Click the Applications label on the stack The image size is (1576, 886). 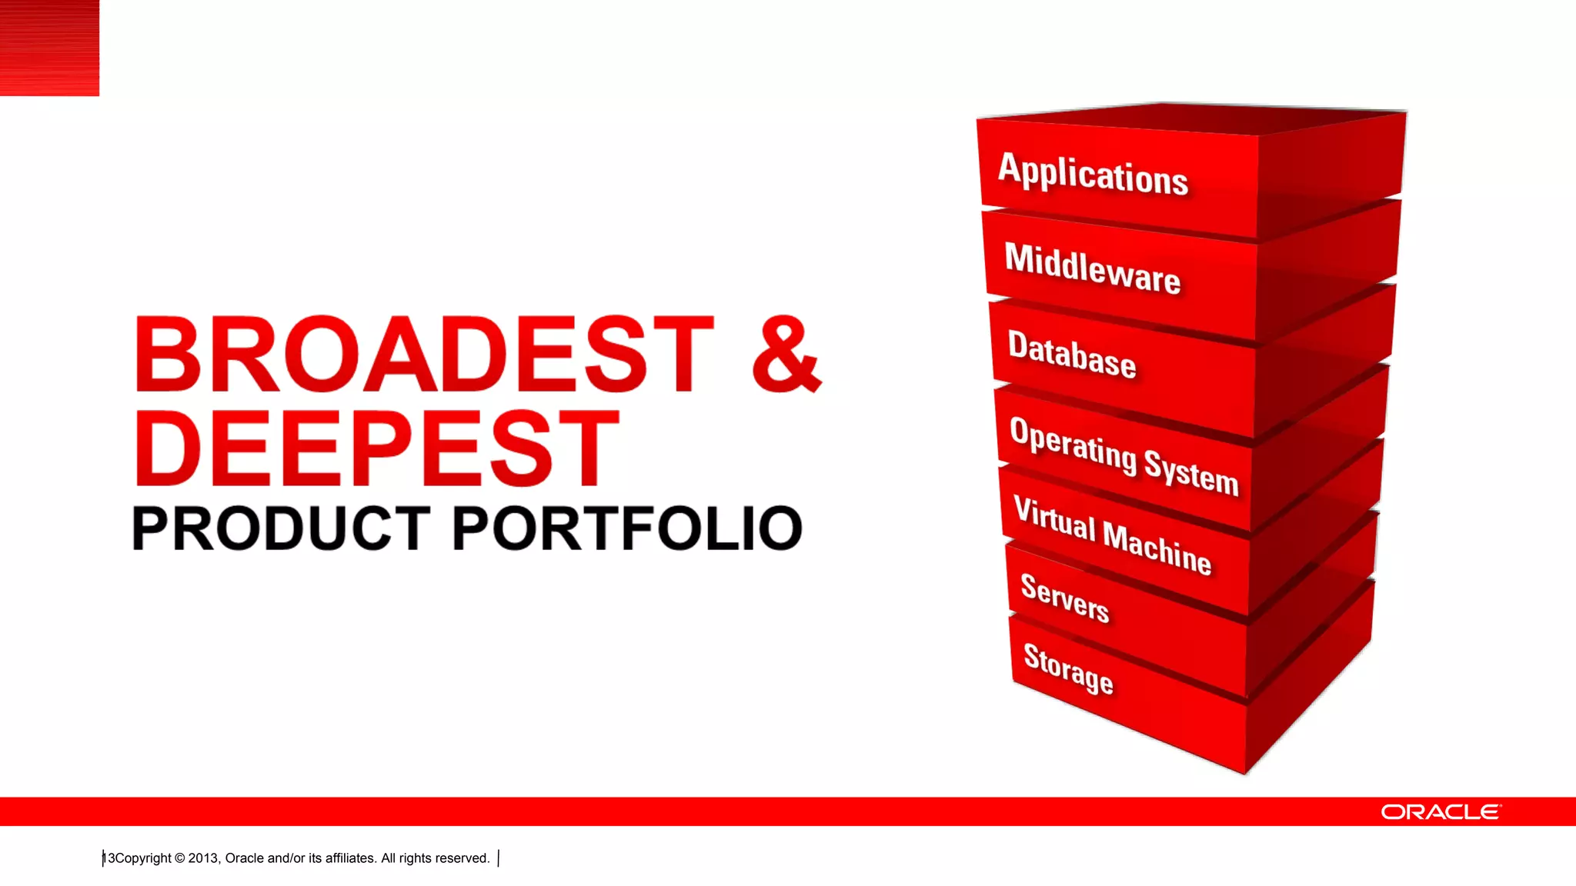click(x=1093, y=175)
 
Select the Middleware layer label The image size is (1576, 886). click(x=1092, y=268)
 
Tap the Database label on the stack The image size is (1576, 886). click(x=1071, y=355)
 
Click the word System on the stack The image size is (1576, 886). click(x=1190, y=472)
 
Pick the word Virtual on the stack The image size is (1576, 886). click(x=1053, y=519)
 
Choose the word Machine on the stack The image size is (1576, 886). click(x=1157, y=548)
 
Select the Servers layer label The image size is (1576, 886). click(x=1064, y=598)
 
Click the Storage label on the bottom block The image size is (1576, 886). click(x=1067, y=668)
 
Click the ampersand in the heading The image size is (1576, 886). click(x=786, y=355)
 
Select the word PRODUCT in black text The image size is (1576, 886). click(x=281, y=528)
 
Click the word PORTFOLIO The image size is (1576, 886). click(x=627, y=528)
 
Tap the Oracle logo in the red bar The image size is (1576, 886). click(x=1440, y=812)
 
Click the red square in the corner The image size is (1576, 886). click(x=49, y=48)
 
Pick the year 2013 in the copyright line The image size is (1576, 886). click(x=203, y=858)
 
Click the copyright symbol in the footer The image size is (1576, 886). click(x=180, y=858)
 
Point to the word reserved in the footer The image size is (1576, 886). click(x=464, y=858)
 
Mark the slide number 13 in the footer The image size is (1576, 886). click(x=109, y=858)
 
